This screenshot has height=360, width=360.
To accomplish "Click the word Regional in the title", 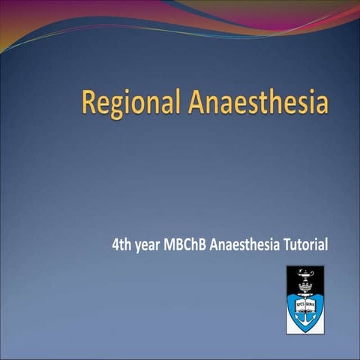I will click(x=130, y=102).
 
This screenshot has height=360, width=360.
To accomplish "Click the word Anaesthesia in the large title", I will click(x=257, y=102).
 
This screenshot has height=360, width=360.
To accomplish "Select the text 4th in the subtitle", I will click(x=120, y=245).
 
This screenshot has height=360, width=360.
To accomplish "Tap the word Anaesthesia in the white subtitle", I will click(x=244, y=245).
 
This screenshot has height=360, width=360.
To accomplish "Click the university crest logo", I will click(x=304, y=299).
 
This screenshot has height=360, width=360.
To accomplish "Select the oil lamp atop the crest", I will click(x=305, y=275).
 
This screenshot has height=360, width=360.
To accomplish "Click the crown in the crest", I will click(x=304, y=286).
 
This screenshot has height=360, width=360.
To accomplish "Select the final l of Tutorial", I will click(x=327, y=245).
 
